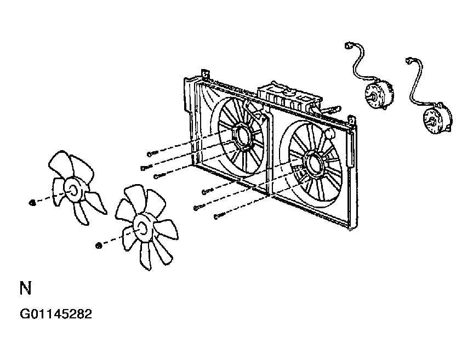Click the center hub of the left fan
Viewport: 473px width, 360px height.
[x=73, y=190]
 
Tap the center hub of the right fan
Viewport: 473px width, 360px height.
[x=142, y=228]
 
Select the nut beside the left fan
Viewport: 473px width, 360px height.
[x=32, y=203]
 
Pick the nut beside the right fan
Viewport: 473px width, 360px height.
[x=98, y=245]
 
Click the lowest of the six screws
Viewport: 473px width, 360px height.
[x=219, y=216]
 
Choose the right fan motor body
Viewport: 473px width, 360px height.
[x=438, y=118]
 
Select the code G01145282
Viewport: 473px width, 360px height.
[x=56, y=314]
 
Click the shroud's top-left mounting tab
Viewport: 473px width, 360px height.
[x=206, y=74]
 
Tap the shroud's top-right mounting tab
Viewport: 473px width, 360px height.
[x=352, y=121]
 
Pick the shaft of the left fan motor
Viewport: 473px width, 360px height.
[x=373, y=98]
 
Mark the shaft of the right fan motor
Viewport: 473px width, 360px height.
[x=430, y=122]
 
